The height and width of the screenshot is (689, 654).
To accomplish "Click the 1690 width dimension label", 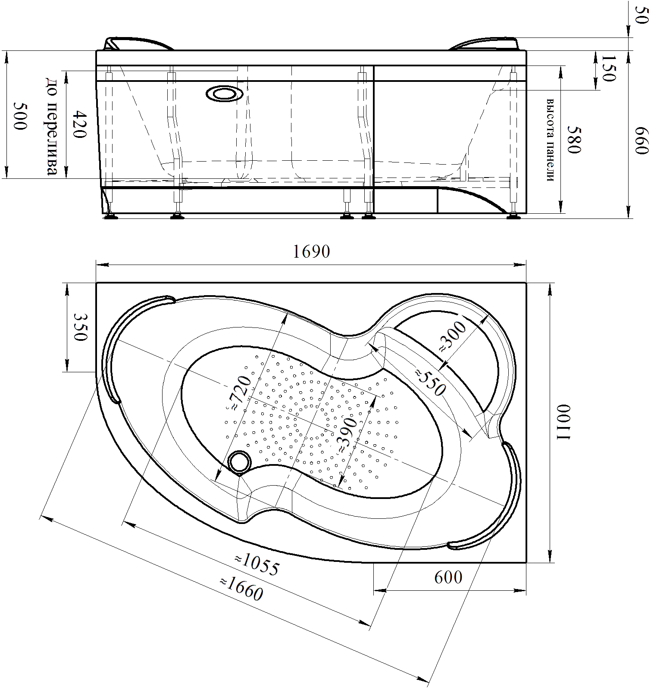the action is [311, 252].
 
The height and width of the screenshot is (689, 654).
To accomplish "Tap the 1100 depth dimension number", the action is [563, 423].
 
